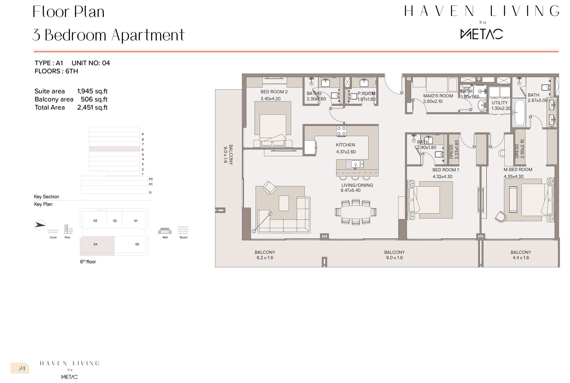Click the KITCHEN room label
point(345,145)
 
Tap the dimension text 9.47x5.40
point(350,190)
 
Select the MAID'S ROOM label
point(438,96)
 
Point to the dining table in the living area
point(356,212)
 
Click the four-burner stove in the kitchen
point(341,131)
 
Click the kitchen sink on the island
point(355,164)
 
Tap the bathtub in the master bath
point(520,112)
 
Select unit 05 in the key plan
point(137,244)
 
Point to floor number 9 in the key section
point(143,134)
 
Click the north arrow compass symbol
point(40,225)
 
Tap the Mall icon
point(165,231)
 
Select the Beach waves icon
point(183,230)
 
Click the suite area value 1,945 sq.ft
point(92,91)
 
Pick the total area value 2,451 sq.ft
point(92,108)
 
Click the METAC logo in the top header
point(481,34)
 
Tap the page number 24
point(22,368)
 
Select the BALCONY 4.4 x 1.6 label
point(521,255)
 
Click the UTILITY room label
point(499,103)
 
